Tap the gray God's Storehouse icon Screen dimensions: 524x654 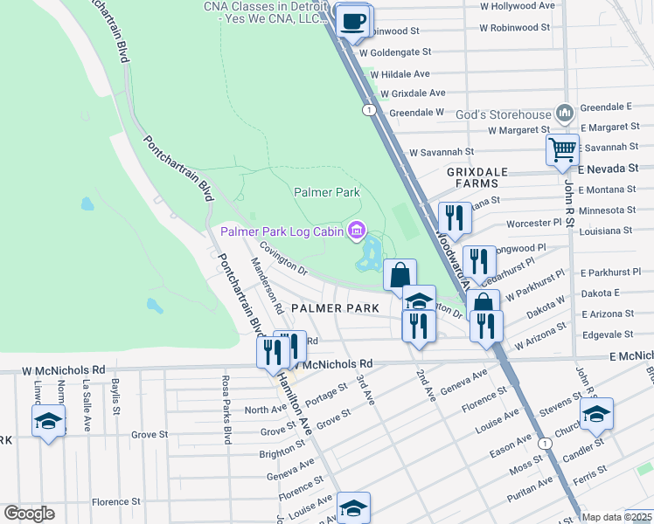pyautogui.click(x=565, y=114)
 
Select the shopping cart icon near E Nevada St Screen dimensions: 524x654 pyautogui.click(x=562, y=149)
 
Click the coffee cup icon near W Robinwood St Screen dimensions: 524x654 pyautogui.click(x=352, y=21)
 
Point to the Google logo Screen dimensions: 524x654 pyautogui.click(x=29, y=514)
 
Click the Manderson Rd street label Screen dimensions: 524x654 pyautogui.click(x=265, y=286)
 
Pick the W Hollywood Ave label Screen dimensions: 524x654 pyautogui.click(x=518, y=5)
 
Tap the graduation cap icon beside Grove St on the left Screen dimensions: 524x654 pyautogui.click(x=49, y=421)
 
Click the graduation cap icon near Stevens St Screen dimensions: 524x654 pyautogui.click(x=596, y=414)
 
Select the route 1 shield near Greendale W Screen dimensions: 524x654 pyautogui.click(x=370, y=109)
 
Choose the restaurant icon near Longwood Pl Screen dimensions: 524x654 pyautogui.click(x=479, y=260)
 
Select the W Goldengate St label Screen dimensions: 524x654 pyautogui.click(x=402, y=52)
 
